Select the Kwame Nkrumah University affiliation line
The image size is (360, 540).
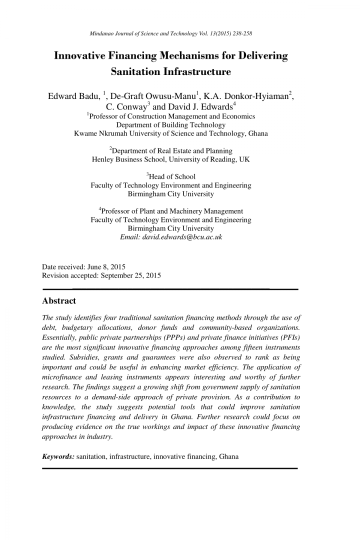coord(170,133)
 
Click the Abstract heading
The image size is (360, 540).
coord(59,301)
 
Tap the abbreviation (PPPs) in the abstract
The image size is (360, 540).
coord(173,337)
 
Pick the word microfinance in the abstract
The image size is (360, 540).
coord(62,377)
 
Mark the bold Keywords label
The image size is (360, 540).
coord(58,456)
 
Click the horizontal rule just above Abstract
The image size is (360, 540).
coord(170,289)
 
